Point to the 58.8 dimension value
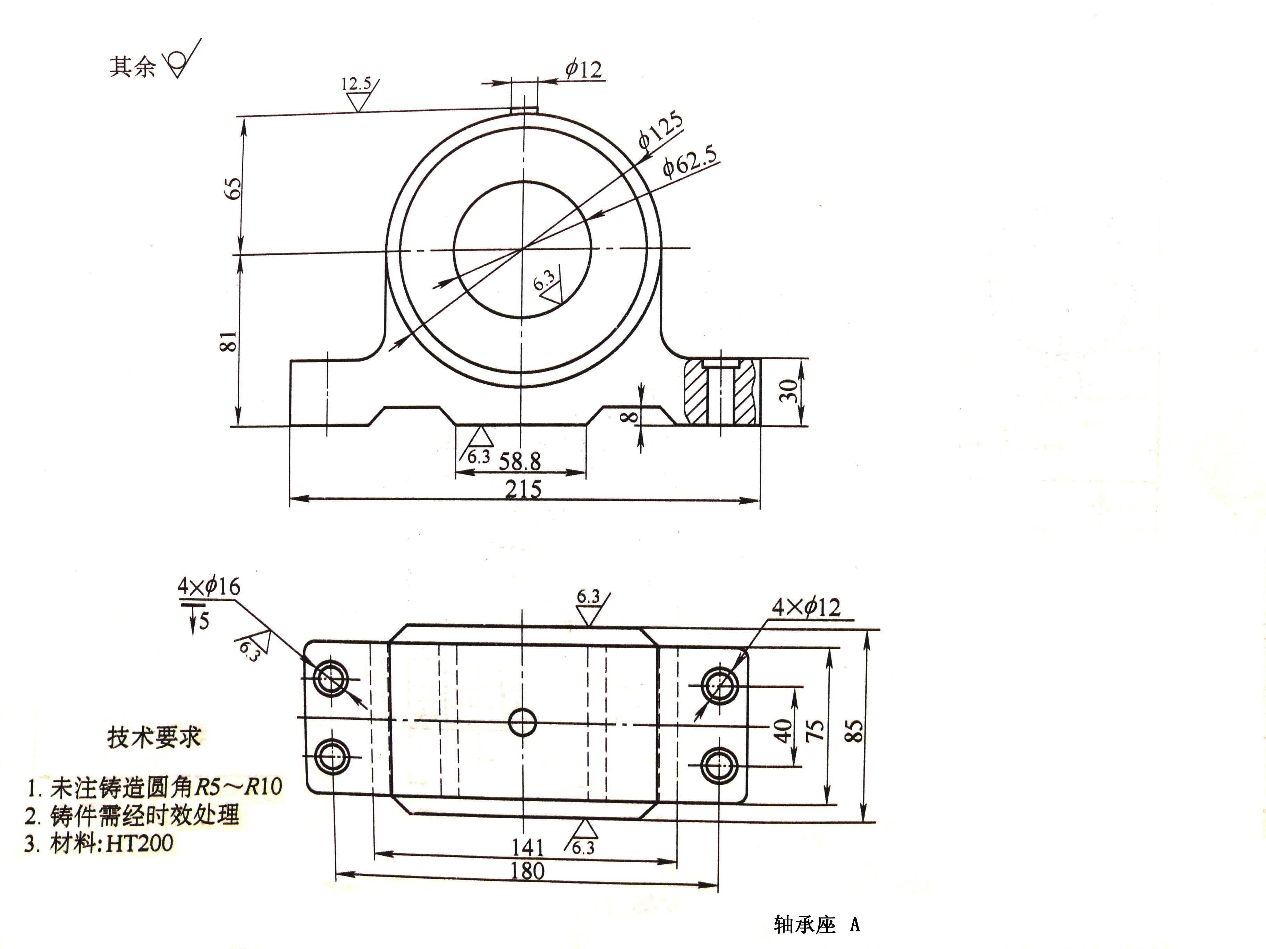point(520,461)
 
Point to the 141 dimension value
point(527,847)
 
